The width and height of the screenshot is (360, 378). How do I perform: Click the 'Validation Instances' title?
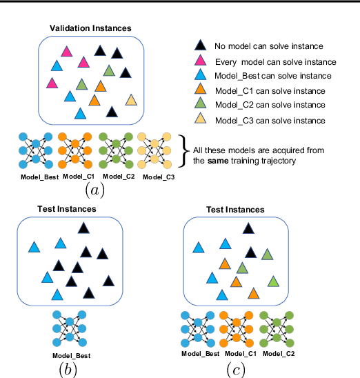[x=90, y=28]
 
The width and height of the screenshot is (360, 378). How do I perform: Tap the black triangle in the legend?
[x=199, y=46]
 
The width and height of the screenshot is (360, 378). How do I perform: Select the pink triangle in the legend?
[x=199, y=61]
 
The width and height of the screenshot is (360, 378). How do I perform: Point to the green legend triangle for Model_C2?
[x=199, y=106]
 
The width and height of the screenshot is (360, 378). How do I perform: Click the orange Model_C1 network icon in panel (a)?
[x=73, y=151]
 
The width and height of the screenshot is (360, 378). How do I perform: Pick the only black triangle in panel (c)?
[x=250, y=253]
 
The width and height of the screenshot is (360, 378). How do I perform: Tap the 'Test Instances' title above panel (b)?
[x=66, y=209]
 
